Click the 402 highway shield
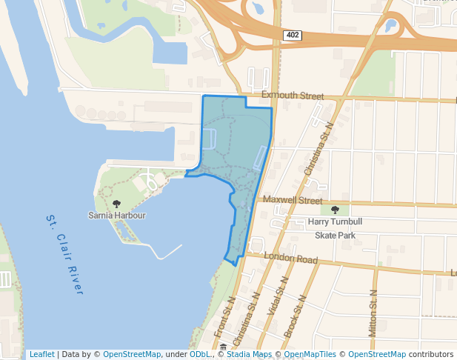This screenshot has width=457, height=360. coord(291,35)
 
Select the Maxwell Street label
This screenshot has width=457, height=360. coord(293,201)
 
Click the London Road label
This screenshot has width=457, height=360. coord(291,260)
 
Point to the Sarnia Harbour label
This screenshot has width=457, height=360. coord(116,216)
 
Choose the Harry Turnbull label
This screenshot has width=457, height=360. coord(336,221)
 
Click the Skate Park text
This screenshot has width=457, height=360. coord(336,235)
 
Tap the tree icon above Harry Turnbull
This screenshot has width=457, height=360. coord(335,210)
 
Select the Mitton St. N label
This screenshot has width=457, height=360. coord(373,311)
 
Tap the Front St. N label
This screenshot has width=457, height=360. coord(224,319)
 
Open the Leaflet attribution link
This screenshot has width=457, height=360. coord(41,354)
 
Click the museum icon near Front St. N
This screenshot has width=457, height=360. coord(224,347)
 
